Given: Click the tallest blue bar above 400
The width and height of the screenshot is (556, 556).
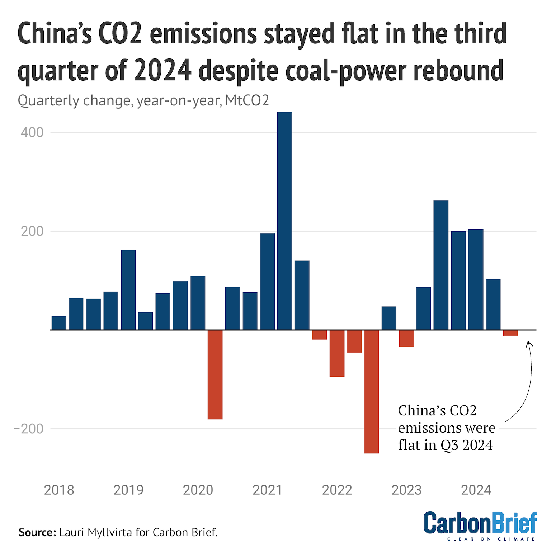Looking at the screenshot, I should point(284,221).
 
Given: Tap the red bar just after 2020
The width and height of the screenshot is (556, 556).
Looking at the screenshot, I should point(215,374).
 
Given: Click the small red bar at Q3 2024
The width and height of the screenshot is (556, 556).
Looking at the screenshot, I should point(510,333).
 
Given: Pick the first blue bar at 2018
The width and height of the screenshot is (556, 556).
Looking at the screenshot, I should point(59,323).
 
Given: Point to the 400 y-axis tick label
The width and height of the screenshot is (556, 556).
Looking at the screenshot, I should point(32,132).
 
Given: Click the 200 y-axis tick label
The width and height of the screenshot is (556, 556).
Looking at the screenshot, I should point(32,231).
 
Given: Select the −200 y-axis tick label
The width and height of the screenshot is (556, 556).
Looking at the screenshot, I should point(29,429).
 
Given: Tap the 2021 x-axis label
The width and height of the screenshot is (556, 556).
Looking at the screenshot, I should point(267,490).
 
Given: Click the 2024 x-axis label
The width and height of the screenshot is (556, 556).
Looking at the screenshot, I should point(476,490).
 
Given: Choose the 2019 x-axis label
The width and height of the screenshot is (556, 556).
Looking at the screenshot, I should point(128,490).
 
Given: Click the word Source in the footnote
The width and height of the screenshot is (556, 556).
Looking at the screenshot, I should point(37,532).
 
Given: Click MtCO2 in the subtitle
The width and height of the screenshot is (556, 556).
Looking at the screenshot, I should point(247,100).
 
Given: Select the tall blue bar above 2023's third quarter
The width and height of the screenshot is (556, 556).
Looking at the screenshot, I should point(441,265).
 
